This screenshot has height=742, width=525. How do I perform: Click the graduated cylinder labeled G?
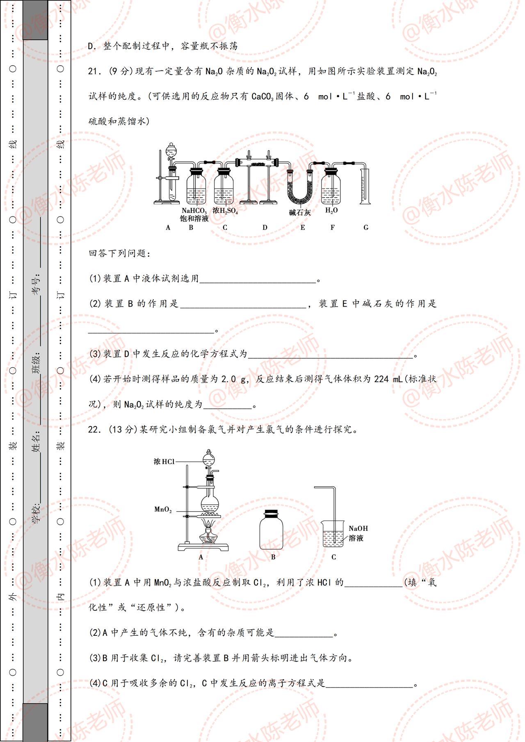tap(365, 184)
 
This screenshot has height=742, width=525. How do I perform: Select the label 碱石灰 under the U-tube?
tap(300, 212)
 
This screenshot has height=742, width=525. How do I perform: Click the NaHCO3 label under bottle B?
tap(194, 211)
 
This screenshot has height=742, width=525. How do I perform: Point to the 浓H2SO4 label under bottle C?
tap(225, 211)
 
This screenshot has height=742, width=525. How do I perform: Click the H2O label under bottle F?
tap(331, 210)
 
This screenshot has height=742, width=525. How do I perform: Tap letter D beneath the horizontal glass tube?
tap(265, 228)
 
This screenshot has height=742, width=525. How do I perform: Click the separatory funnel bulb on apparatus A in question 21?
tap(171, 150)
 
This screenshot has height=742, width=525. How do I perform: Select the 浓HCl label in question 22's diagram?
tap(164, 462)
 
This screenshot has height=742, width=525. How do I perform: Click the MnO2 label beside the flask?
tap(163, 510)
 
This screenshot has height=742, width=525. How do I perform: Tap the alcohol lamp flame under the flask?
tap(210, 524)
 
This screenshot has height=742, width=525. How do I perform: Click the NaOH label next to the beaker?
tap(358, 528)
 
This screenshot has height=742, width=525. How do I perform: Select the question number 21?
tap(94, 71)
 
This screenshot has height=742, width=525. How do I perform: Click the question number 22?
tap(94, 430)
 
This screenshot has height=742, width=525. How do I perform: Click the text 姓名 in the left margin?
tap(36, 442)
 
